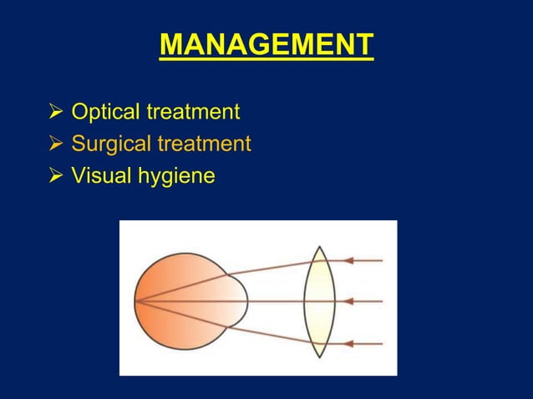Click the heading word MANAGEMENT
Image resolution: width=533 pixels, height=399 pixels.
266,44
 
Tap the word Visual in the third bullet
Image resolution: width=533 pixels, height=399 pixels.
97,176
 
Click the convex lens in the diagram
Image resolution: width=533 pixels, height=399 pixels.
319,301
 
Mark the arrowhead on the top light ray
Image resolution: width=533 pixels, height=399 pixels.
349,260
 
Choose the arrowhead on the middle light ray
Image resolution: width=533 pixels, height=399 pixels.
349,301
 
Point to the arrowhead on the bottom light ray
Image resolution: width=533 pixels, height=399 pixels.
349,342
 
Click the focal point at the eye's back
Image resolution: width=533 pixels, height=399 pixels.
137,301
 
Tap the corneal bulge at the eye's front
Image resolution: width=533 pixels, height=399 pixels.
241,301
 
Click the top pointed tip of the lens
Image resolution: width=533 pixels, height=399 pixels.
318,247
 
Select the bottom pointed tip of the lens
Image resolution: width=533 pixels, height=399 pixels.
318,356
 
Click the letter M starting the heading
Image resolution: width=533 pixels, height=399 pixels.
170,44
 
